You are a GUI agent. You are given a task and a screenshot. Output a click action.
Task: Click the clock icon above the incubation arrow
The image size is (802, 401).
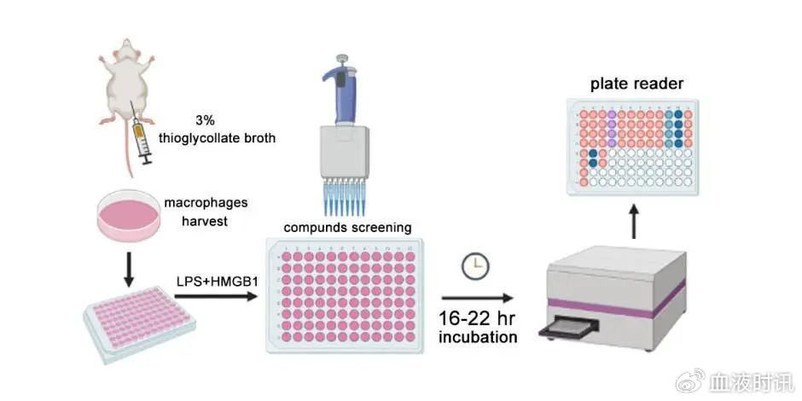(x=474, y=266)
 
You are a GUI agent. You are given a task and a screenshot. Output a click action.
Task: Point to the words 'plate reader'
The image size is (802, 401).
(x=636, y=84)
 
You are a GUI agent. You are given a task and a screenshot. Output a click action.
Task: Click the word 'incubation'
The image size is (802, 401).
(x=478, y=337)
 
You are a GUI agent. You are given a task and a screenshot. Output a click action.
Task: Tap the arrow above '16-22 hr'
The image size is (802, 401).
(x=478, y=298)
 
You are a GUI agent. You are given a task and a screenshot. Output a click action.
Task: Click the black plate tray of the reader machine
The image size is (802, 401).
(x=568, y=326)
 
